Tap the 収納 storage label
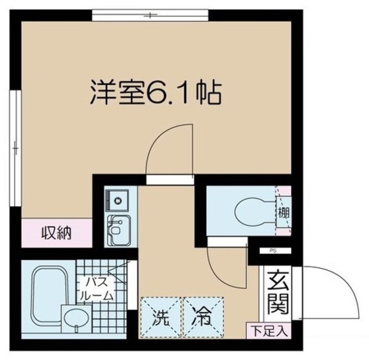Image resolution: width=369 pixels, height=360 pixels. (x=56, y=233)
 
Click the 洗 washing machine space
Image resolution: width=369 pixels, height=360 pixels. (x=160, y=316)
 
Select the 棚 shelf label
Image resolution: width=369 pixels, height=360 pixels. (x=284, y=212)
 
